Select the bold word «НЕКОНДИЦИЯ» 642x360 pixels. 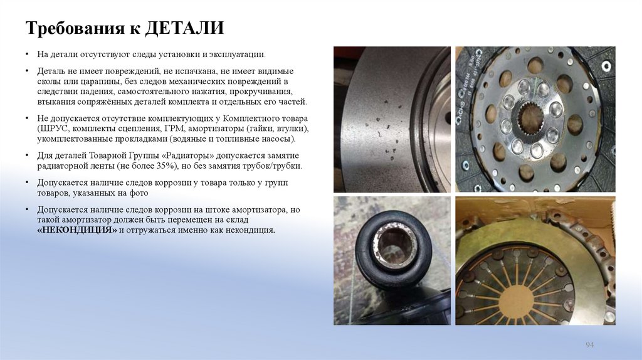[x=77, y=230]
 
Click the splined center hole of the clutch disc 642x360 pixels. [x=530, y=119]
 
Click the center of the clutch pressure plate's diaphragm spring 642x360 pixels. [x=514, y=295]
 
